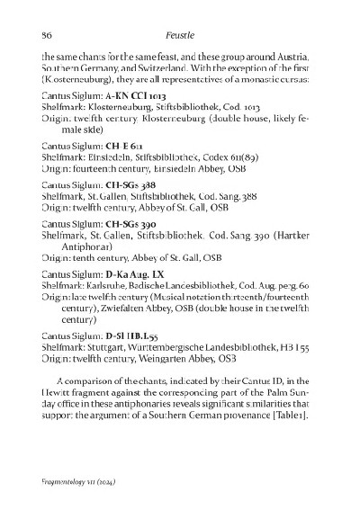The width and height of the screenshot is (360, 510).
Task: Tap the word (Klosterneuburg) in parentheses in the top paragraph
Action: [76, 80]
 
